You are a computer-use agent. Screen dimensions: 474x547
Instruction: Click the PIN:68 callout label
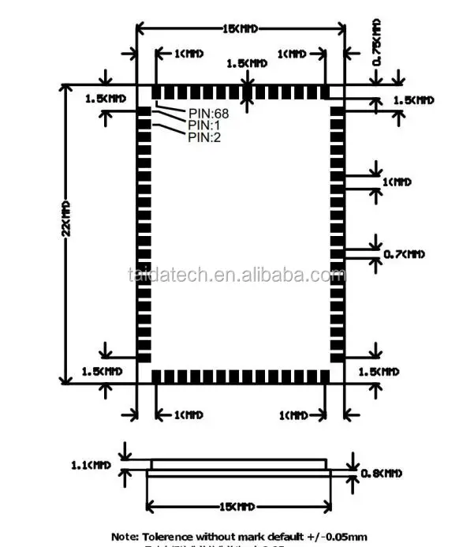point(208,113)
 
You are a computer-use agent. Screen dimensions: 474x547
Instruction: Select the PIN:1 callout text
point(203,125)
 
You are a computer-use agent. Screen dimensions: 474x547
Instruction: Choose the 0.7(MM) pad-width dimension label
point(403,254)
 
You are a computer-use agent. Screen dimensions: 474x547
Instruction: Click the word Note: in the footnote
point(125,536)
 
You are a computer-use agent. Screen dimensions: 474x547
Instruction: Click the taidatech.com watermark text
point(236,275)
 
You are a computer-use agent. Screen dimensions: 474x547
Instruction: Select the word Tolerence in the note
point(170,536)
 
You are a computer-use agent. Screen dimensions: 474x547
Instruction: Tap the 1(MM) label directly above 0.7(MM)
point(397,182)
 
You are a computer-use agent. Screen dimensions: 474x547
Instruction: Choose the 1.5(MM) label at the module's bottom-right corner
point(379,371)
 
